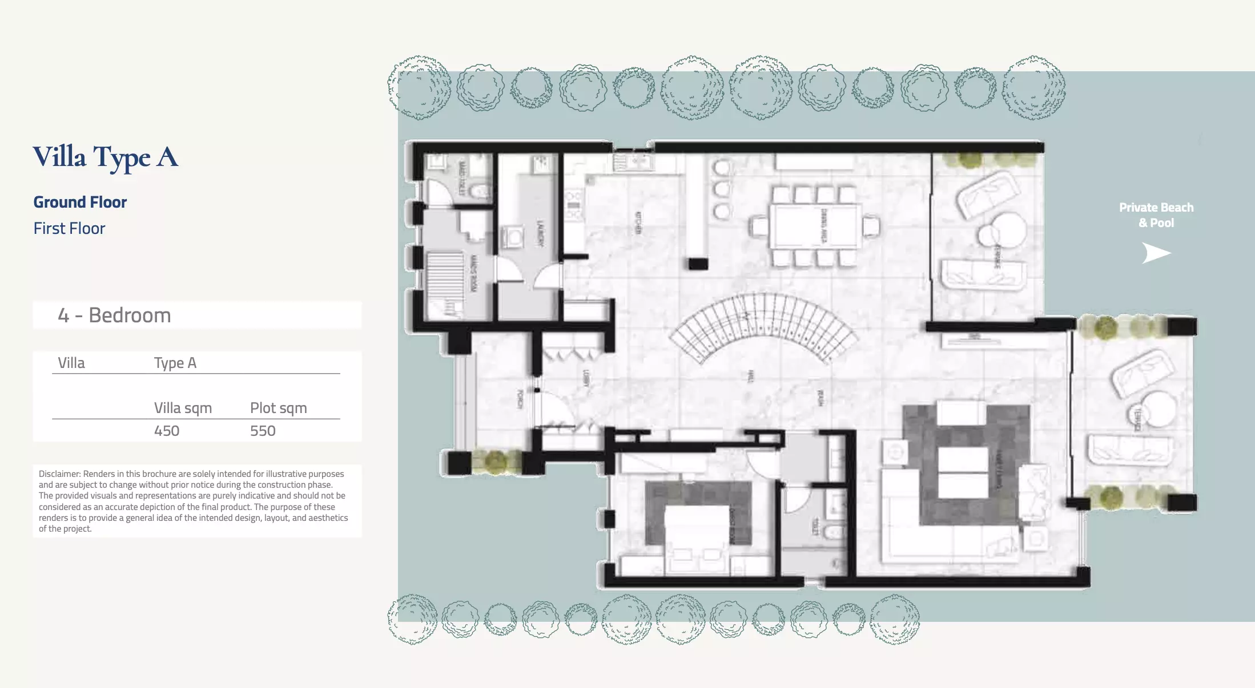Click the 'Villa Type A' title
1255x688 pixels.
click(x=106, y=157)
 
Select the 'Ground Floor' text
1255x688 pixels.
click(x=80, y=203)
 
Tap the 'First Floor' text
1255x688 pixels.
click(x=69, y=229)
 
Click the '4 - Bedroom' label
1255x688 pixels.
click(x=114, y=315)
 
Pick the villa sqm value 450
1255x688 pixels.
click(x=167, y=431)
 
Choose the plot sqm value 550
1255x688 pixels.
click(x=263, y=431)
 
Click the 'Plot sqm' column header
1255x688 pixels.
click(x=278, y=408)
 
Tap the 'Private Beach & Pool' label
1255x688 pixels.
click(x=1156, y=215)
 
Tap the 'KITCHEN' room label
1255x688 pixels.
click(x=638, y=223)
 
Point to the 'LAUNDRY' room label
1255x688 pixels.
click(x=539, y=233)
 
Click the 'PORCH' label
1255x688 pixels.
click(x=520, y=399)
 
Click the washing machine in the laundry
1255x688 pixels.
click(x=513, y=237)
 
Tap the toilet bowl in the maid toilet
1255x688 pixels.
click(x=483, y=191)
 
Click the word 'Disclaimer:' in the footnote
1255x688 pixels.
click(x=59, y=474)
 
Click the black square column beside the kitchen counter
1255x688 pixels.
click(x=698, y=264)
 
